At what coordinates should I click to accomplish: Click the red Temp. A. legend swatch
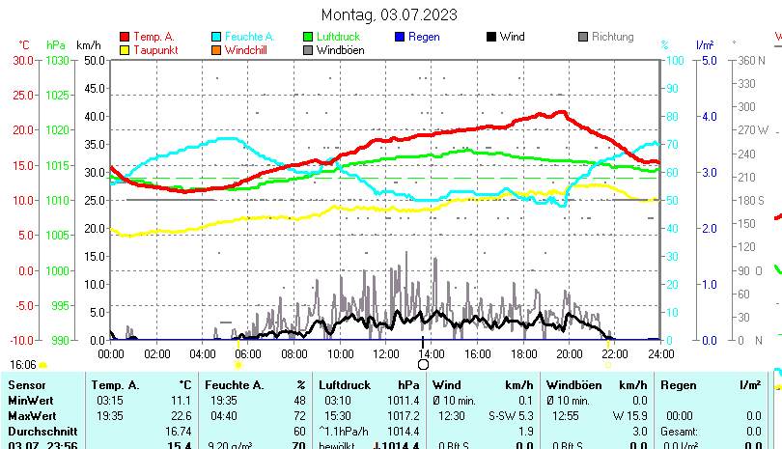click(x=125, y=37)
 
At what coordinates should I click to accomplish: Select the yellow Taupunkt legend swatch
click(x=125, y=49)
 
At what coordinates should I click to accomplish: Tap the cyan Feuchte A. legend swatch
click(x=216, y=37)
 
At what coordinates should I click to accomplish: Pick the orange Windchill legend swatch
click(x=216, y=49)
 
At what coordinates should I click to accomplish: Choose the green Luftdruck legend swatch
click(x=308, y=37)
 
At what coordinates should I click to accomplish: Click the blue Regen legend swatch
click(x=400, y=37)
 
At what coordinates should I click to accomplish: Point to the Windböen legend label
click(x=340, y=49)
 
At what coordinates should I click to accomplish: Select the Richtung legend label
click(x=612, y=37)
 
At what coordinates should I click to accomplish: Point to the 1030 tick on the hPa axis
click(x=57, y=60)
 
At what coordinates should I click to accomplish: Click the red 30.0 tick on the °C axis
click(x=23, y=60)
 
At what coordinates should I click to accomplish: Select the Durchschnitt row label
click(x=39, y=431)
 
